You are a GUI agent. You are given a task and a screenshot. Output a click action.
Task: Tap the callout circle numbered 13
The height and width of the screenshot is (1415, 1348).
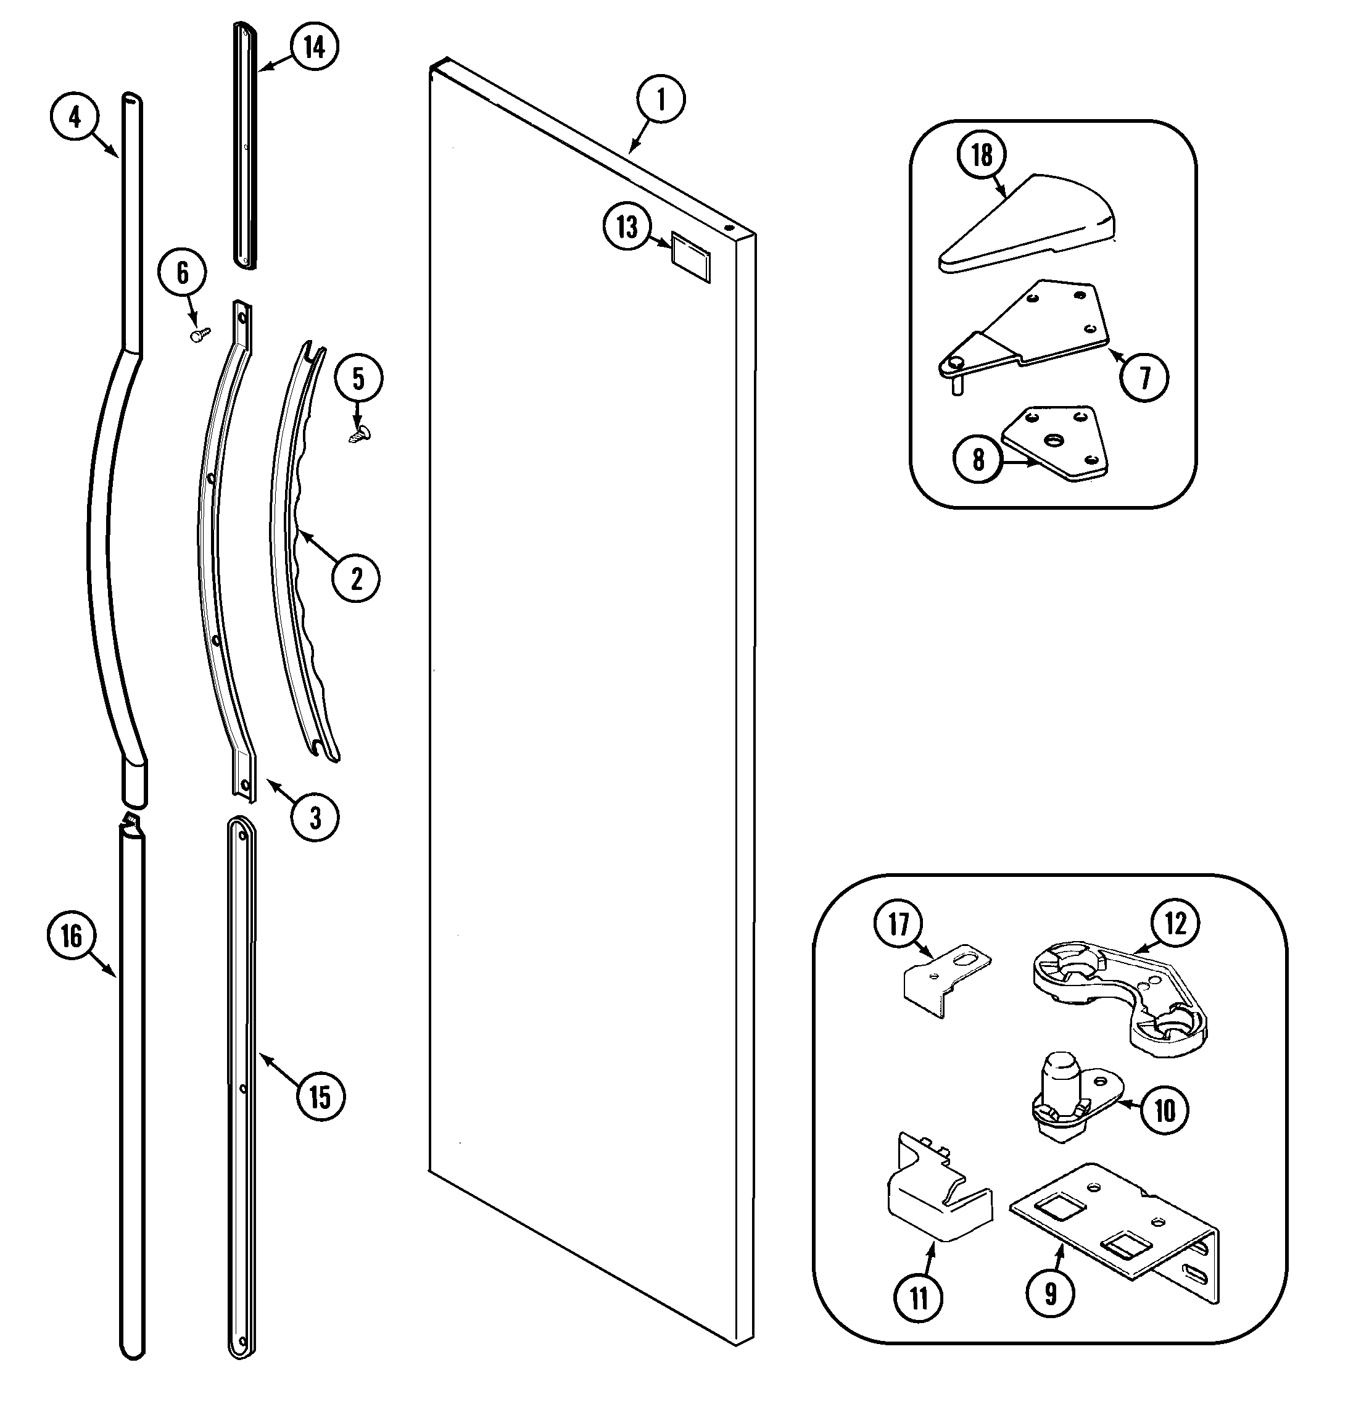pos(627,227)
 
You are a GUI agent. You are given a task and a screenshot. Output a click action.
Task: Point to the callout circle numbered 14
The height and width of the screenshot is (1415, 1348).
pos(314,47)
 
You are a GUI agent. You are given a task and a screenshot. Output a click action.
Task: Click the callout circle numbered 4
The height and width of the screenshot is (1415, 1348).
pos(75,117)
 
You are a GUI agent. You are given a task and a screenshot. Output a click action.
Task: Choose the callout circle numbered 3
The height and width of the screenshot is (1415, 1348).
pos(315,817)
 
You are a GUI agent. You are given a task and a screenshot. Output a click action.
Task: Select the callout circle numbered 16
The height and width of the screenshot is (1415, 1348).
pos(71,936)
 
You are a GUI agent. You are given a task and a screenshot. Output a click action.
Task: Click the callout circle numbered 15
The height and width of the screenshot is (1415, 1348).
pos(320,1097)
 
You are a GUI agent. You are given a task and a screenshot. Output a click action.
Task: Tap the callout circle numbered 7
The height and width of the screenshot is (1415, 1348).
pos(1144,376)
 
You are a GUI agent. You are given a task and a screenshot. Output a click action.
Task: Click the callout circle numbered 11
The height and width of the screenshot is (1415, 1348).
pos(919,1297)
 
